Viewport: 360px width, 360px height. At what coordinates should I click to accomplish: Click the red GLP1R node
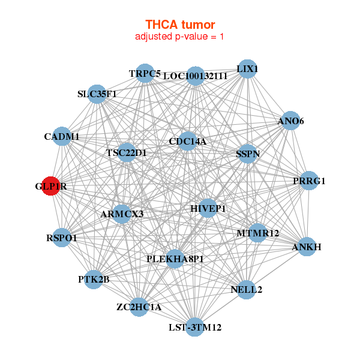tap(51, 187)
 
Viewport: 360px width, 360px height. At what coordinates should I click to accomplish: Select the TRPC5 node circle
tap(145, 73)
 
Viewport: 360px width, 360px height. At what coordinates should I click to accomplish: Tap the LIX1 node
tap(247, 69)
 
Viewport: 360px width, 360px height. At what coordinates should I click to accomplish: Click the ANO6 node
tap(290, 121)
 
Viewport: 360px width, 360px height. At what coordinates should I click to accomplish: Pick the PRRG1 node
tap(308, 181)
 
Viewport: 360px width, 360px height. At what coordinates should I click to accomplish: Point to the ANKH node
tap(306, 247)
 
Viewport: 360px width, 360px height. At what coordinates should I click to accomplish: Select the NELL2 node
tap(246, 290)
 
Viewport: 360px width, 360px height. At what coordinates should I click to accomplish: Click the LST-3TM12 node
tap(194, 327)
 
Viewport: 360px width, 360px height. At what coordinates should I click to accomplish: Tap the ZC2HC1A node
tap(139, 307)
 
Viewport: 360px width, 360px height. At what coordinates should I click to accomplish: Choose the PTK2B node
tap(94, 279)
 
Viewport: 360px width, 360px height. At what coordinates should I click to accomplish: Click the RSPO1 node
tap(62, 238)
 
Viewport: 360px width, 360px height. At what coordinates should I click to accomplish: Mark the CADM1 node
tap(62, 137)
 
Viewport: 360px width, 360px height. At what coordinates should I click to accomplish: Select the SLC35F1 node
tap(97, 94)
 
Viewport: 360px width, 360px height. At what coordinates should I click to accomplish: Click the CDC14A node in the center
tap(187, 142)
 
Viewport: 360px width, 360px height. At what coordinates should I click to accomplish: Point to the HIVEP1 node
tap(208, 208)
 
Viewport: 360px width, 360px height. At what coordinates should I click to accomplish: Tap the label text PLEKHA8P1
tap(175, 259)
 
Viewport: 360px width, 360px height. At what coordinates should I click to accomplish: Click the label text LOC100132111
tap(195, 76)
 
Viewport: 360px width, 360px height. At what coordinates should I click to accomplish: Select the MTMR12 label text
tap(257, 233)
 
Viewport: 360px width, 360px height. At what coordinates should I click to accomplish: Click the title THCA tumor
tap(180, 24)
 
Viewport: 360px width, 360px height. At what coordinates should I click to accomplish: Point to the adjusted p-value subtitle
tap(180, 37)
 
